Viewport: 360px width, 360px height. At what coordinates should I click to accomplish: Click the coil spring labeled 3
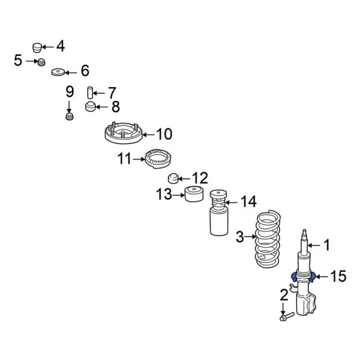pos(268,239)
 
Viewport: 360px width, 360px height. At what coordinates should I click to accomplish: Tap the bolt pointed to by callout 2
pos(287,317)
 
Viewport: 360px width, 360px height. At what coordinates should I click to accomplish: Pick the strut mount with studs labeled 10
pos(124,133)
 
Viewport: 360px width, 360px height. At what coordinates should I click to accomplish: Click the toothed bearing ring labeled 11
pos(158,158)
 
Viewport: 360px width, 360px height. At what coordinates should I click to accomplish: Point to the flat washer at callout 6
pos(58,72)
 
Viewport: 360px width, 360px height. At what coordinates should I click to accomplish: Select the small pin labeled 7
pos(90,92)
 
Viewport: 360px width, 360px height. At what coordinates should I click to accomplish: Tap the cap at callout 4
pos(37,47)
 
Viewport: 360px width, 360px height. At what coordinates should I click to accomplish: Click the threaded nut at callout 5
pos(41,62)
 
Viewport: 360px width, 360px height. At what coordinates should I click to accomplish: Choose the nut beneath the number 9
pos(70,116)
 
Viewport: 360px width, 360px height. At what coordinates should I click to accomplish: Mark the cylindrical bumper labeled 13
pos(194,194)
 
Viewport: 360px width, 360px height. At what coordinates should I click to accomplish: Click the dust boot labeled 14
pos(219,213)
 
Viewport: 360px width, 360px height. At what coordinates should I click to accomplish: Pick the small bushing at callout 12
pos(173,179)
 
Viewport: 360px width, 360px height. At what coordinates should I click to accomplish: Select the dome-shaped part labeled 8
pos(91,107)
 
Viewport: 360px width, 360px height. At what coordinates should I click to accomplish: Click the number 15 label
pos(338,276)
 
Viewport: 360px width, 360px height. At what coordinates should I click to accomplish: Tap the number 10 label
pos(164,134)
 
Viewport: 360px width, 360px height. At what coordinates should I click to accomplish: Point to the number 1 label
pos(326,245)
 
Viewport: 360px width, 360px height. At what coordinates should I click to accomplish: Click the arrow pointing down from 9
pos(69,107)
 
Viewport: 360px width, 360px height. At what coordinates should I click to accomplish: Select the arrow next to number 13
pos(179,195)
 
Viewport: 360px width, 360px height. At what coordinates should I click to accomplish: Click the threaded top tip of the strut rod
pos(304,232)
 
